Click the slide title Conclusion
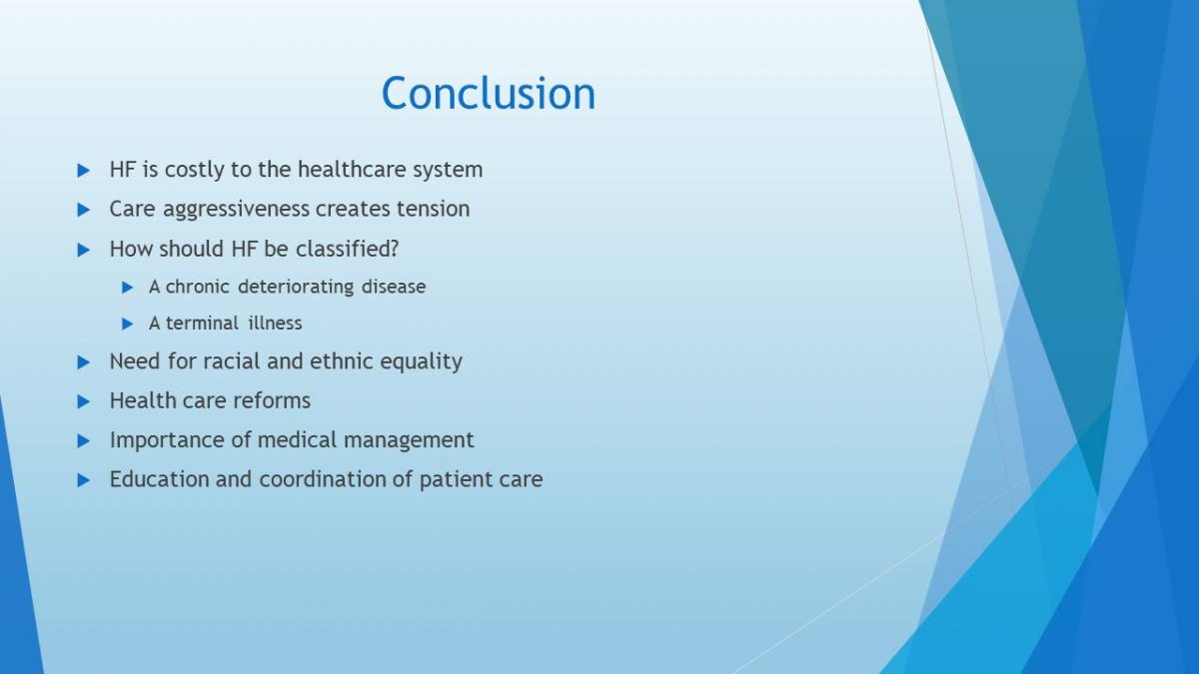tap(489, 93)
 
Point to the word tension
tap(433, 209)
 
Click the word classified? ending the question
tap(347, 249)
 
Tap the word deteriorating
tap(296, 288)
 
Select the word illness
tap(275, 324)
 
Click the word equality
tap(421, 362)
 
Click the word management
tap(409, 440)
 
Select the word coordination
tap(322, 479)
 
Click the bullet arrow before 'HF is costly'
tap(84, 171)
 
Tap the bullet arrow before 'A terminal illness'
tap(128, 324)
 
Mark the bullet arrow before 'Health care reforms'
tap(84, 401)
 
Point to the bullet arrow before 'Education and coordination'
tap(84, 480)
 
